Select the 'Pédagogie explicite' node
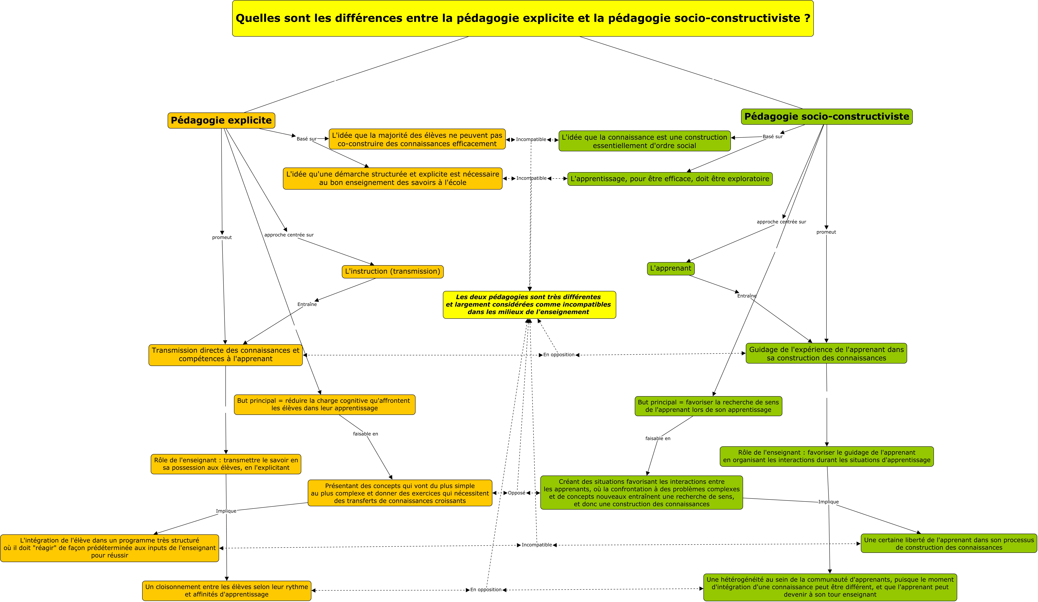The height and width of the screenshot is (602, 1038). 221,120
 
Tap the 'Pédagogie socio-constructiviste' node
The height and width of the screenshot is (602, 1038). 827,116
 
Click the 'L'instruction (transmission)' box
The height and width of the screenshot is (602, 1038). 393,271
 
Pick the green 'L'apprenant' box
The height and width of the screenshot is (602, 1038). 671,268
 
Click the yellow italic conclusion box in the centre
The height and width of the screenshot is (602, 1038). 529,305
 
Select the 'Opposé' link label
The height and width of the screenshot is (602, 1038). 517,493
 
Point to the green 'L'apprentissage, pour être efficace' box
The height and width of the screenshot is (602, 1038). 670,179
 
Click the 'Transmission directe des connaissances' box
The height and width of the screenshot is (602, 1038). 225,355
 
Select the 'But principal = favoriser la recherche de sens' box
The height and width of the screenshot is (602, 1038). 708,406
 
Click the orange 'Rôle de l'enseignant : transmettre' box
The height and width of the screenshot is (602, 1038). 226,464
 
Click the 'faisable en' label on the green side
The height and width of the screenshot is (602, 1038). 658,439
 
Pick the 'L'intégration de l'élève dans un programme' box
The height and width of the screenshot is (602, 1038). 110,548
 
